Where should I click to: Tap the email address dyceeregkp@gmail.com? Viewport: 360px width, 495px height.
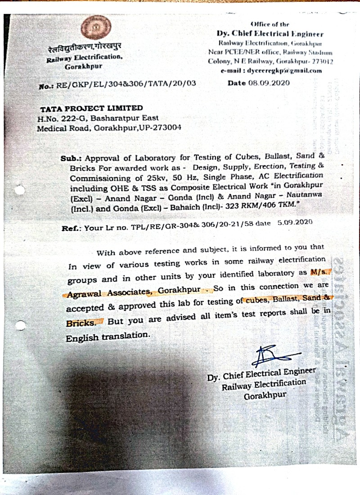pyautogui.click(x=271, y=70)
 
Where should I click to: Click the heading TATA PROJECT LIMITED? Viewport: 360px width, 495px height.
pyautogui.click(x=91, y=108)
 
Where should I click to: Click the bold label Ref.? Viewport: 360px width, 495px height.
pyautogui.click(x=71, y=229)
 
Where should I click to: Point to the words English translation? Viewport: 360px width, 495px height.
pyautogui.click(x=108, y=336)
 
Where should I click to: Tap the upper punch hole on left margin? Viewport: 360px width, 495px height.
pyautogui.click(x=19, y=191)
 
